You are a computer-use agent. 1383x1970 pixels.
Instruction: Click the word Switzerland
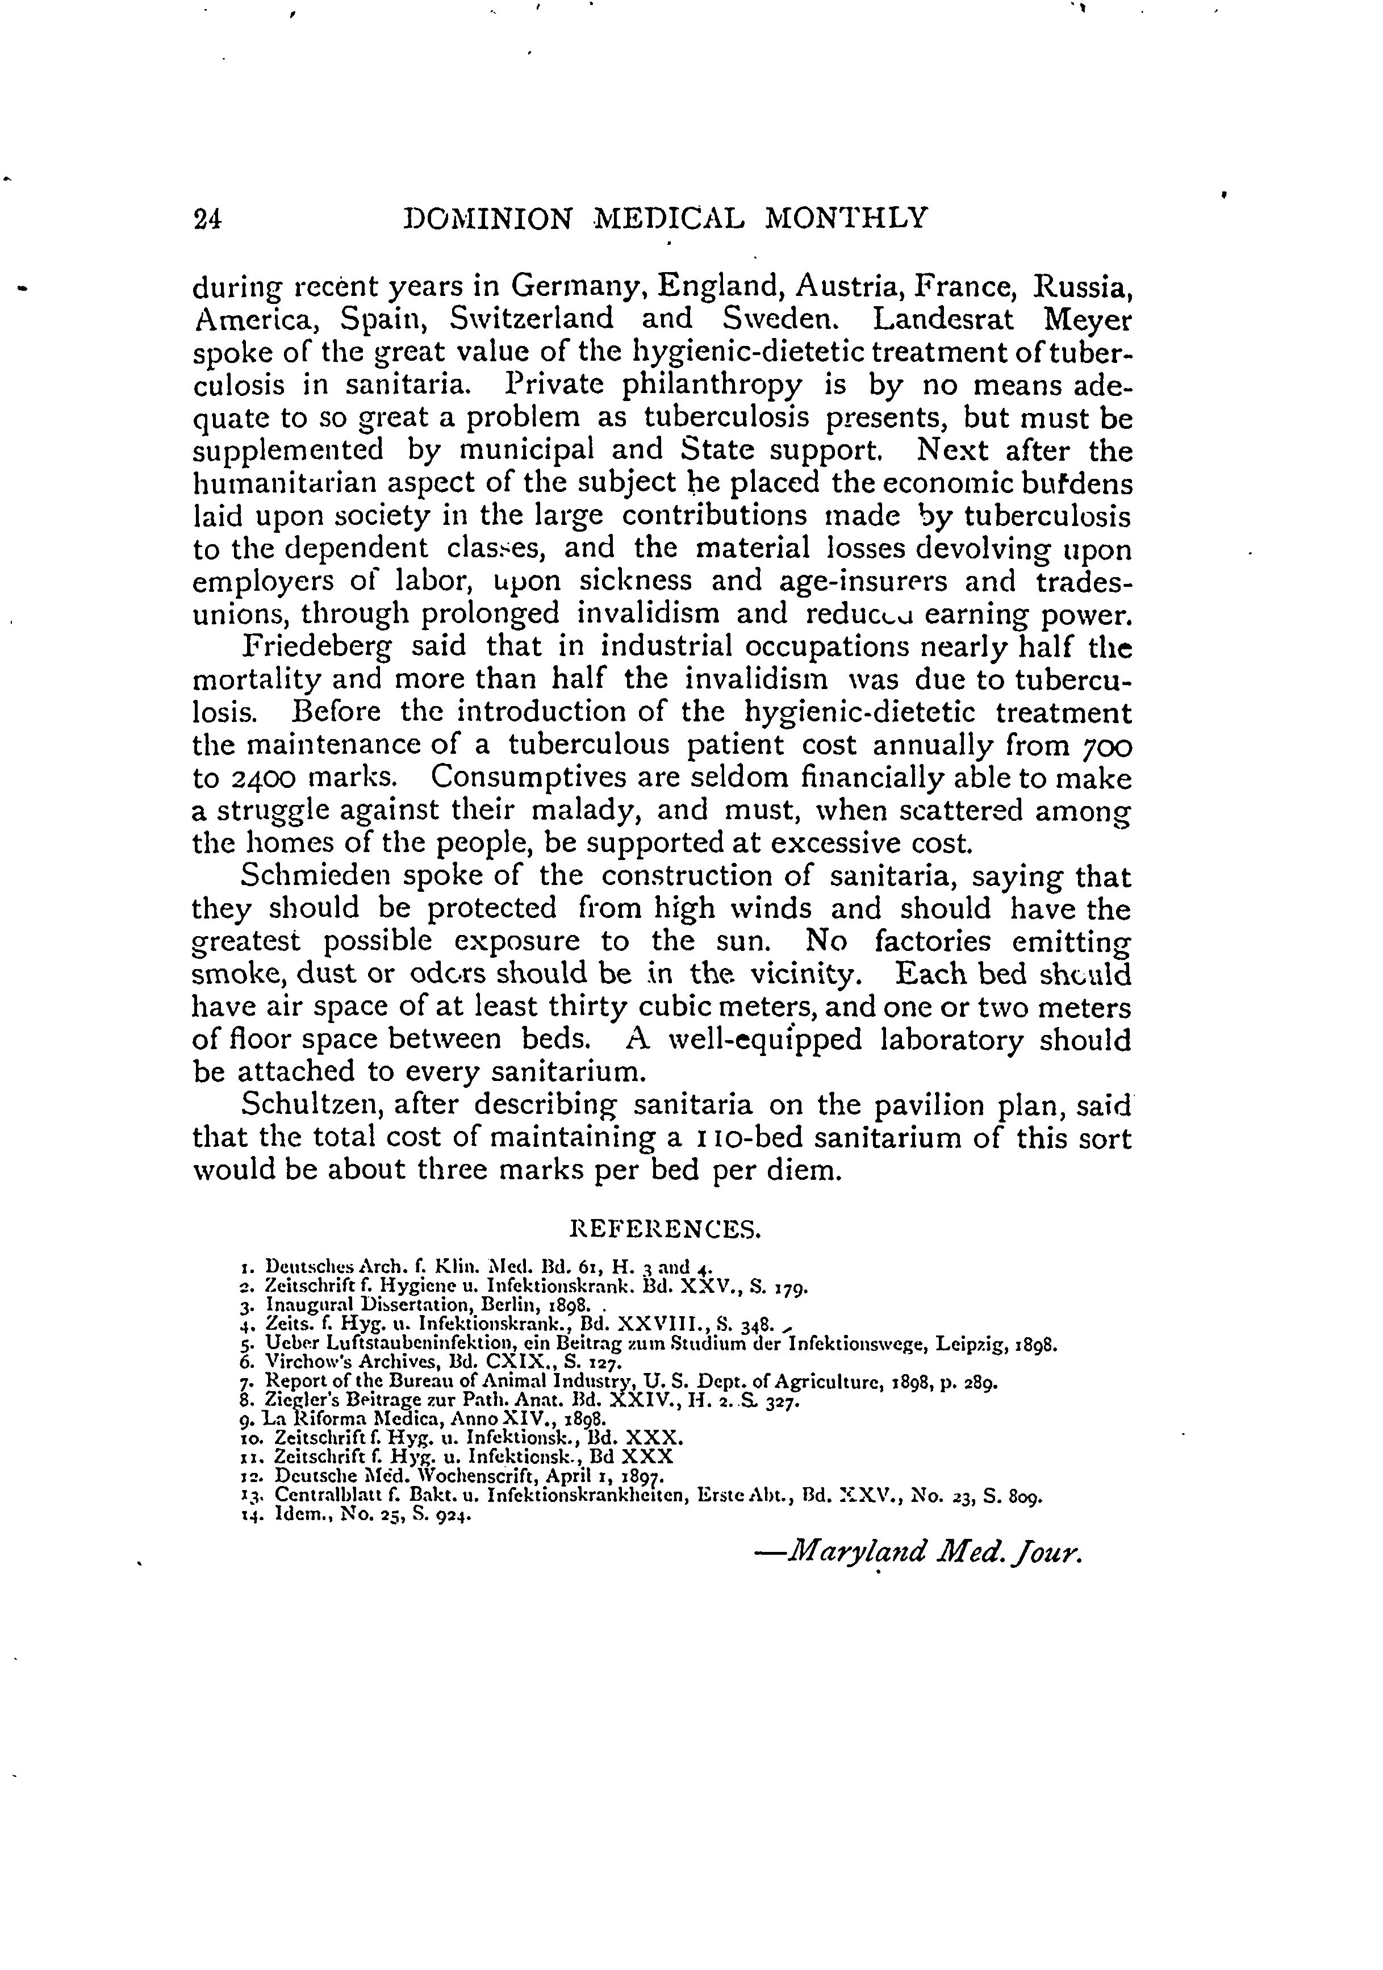click(x=532, y=320)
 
